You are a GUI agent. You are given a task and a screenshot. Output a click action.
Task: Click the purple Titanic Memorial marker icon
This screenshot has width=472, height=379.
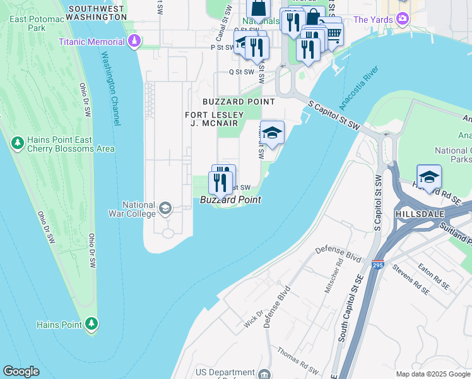[134, 42]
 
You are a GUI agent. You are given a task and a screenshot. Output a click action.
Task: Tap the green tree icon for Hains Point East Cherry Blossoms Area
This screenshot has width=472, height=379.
[17, 144]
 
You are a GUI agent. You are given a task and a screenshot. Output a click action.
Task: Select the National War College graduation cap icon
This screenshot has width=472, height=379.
[165, 208]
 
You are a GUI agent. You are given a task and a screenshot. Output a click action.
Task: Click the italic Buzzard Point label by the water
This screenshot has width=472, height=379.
[230, 200]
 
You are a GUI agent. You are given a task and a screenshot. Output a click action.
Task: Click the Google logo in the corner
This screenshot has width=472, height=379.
[21, 371]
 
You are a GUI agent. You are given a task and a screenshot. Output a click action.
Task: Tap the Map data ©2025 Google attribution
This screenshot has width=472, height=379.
[433, 374]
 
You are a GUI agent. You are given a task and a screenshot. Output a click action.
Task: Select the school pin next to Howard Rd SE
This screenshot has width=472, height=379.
[429, 176]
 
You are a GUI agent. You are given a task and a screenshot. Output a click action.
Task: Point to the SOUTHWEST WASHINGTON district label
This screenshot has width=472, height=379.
[97, 13]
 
